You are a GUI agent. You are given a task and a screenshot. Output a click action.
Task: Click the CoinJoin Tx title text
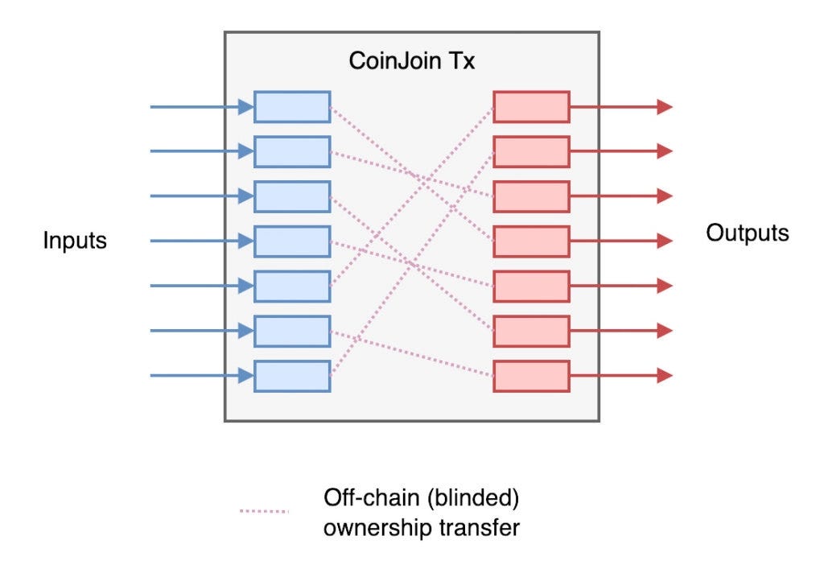[411, 62]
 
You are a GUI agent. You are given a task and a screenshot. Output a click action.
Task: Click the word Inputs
[75, 241]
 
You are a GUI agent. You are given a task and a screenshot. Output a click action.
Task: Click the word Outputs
[748, 233]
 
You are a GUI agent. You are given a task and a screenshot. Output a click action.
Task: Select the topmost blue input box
[292, 107]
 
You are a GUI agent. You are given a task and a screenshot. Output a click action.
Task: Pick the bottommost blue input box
[292, 376]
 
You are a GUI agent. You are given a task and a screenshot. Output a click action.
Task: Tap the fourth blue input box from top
[292, 241]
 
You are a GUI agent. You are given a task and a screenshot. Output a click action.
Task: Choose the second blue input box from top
[292, 151]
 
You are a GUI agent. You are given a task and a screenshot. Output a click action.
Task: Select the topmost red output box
[531, 107]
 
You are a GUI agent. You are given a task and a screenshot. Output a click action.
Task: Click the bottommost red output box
[531, 376]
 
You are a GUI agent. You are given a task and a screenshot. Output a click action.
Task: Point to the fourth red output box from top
[531, 241]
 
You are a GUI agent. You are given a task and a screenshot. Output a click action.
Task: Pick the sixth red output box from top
[531, 331]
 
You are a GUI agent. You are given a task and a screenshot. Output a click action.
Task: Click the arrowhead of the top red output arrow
[665, 107]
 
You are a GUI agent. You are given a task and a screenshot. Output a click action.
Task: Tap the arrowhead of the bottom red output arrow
[665, 376]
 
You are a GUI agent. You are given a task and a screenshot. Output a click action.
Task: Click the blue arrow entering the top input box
[201, 106]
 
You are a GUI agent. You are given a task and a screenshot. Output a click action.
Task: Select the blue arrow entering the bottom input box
[201, 375]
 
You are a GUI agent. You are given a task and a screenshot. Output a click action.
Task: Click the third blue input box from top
[292, 196]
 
